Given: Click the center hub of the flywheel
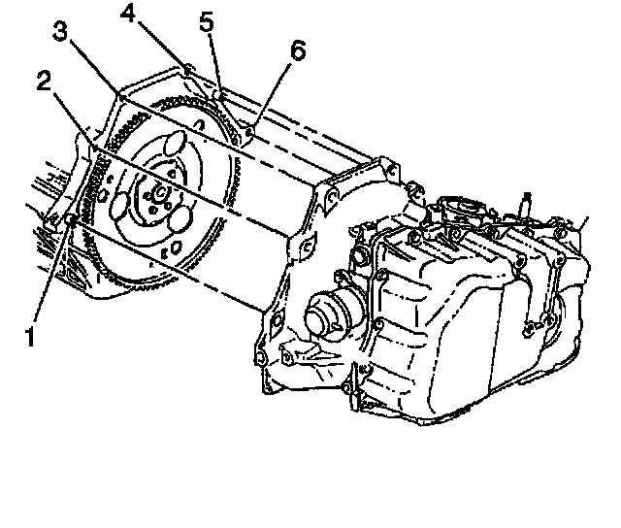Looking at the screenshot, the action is tap(158, 203).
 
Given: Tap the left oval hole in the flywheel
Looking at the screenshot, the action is tap(121, 207).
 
